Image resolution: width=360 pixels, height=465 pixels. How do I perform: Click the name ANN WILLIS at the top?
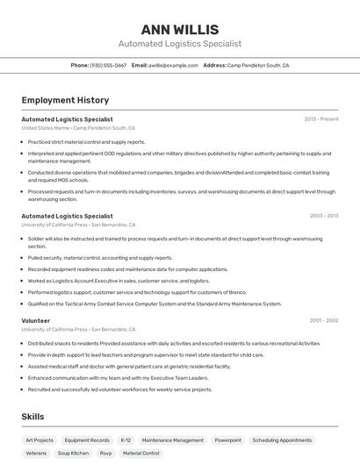click(180, 29)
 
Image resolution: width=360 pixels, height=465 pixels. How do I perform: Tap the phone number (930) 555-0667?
click(109, 65)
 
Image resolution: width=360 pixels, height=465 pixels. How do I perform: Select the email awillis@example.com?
click(173, 65)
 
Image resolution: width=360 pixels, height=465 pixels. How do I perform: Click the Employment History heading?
click(65, 100)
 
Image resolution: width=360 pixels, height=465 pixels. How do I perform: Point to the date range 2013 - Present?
click(321, 118)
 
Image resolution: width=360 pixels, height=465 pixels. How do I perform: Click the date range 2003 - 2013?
click(323, 215)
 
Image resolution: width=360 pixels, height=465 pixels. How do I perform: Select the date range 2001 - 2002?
click(323, 320)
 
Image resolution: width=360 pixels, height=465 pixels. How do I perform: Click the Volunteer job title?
click(36, 320)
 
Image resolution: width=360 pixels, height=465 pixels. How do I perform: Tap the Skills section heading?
click(32, 417)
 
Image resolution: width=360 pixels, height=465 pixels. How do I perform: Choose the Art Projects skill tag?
click(40, 440)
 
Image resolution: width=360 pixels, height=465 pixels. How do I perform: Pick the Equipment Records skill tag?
click(87, 440)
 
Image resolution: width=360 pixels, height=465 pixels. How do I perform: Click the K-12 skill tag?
click(126, 440)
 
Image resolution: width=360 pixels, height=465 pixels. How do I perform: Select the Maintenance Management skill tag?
click(172, 440)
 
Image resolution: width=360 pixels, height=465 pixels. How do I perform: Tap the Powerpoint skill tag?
click(227, 440)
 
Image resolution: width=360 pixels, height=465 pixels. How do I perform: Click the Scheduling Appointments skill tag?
click(282, 440)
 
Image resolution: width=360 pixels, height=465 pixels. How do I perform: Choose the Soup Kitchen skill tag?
click(73, 453)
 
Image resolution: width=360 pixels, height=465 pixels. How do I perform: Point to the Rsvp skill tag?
click(105, 453)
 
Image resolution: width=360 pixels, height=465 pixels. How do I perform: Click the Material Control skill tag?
click(140, 453)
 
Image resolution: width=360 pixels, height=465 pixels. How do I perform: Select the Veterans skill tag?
click(36, 453)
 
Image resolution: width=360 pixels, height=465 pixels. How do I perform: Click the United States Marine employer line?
click(78, 128)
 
